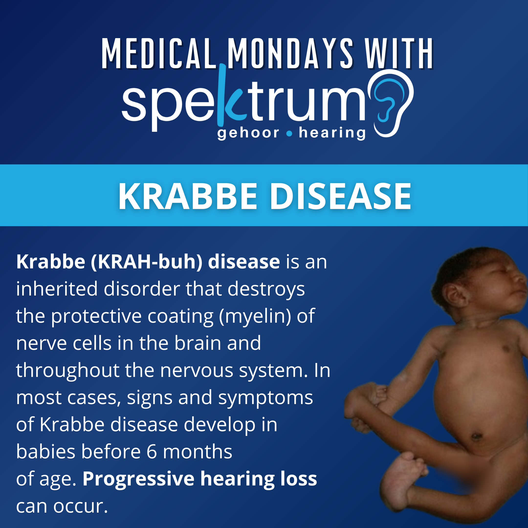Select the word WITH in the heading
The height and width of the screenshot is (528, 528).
click(399, 54)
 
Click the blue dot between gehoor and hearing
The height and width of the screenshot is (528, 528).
click(289, 134)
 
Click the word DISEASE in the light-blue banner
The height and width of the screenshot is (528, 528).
click(341, 197)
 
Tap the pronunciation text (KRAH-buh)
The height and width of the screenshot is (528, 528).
click(147, 262)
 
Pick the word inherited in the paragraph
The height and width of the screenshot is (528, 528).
click(57, 289)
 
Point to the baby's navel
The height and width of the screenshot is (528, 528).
click(476, 436)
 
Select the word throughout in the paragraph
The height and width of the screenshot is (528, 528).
click(67, 371)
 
